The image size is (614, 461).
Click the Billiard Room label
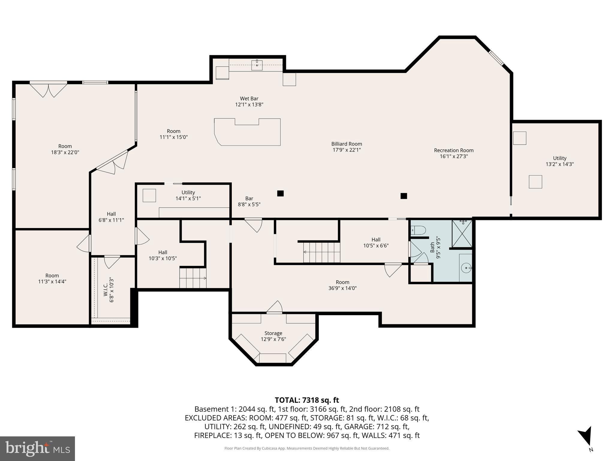[x=347, y=144]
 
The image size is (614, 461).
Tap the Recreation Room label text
[x=454, y=150]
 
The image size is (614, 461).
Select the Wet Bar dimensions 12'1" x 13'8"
[x=249, y=105]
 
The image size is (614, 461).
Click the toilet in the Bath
[x=418, y=230]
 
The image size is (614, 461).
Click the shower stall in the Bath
[x=462, y=234]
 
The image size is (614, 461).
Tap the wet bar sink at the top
[x=257, y=65]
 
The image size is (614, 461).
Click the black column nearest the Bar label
[x=280, y=193]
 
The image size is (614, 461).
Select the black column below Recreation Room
[x=404, y=196]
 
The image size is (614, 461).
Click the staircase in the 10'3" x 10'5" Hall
[x=193, y=278]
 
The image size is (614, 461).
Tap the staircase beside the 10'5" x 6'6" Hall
[x=322, y=252]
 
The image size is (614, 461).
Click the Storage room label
[x=273, y=333]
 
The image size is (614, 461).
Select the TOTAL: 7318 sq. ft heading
[x=307, y=400]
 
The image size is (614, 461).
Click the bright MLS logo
[x=37, y=448]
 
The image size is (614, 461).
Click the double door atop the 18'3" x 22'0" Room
[x=49, y=89]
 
